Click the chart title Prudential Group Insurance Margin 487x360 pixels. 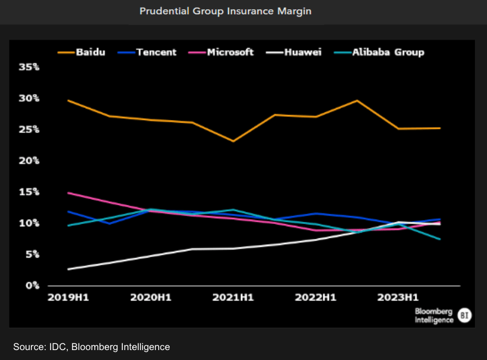225,11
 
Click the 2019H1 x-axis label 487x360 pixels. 68,298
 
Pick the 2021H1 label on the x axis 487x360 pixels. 233,298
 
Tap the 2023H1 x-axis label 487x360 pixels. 398,298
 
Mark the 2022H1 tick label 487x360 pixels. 315,298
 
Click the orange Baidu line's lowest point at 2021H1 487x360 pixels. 233,141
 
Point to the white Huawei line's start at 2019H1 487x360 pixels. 68,269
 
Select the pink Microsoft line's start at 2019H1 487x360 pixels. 68,193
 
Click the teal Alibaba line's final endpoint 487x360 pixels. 440,239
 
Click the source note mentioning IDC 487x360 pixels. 91,347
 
